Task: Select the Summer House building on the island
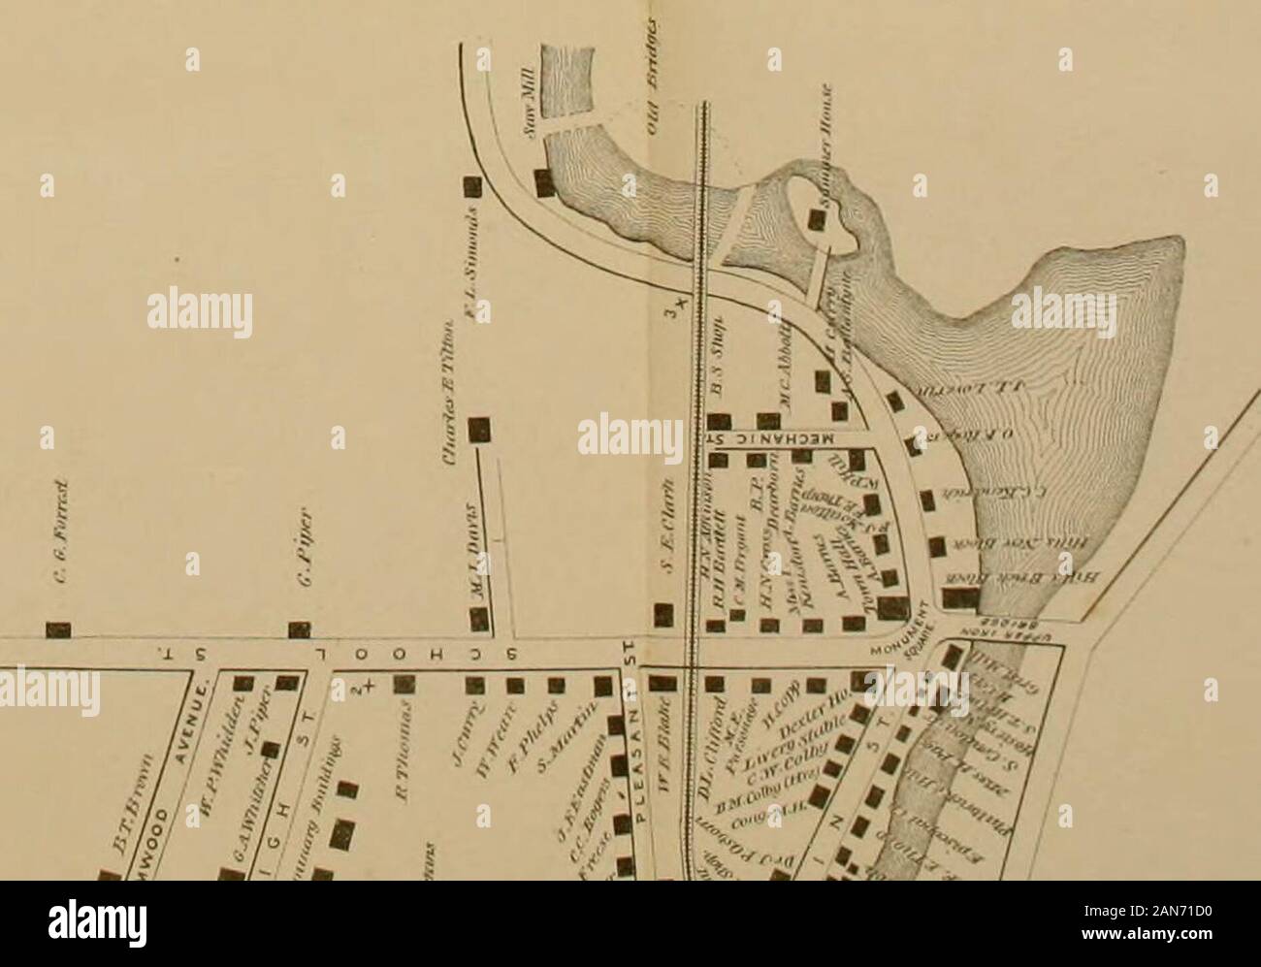point(818,222)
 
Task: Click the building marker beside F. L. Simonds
point(471,185)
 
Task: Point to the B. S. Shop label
point(719,357)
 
